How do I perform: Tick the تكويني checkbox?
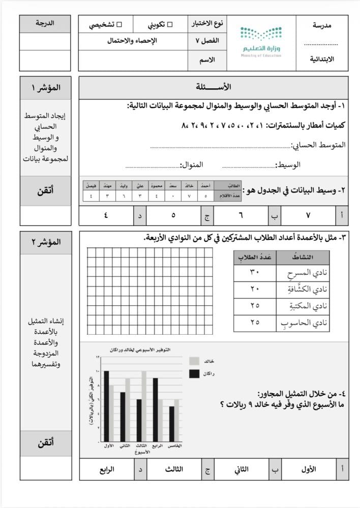170,24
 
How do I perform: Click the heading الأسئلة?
214,87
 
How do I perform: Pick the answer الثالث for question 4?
174,469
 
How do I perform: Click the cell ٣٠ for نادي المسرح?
254,272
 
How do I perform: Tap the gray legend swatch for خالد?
194,361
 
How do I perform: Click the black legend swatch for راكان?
194,374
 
